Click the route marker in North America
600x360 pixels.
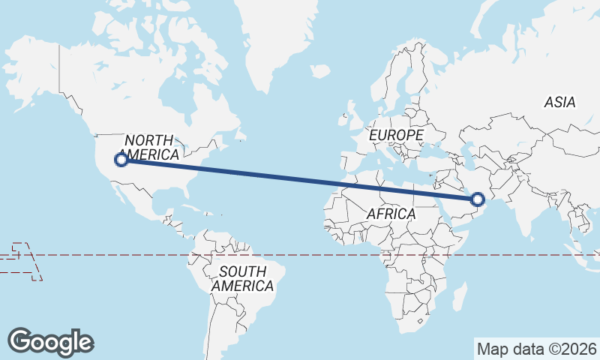pos(121,159)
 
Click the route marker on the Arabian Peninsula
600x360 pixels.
pos(478,199)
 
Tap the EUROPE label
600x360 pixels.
pos(396,135)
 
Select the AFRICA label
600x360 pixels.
pos(391,214)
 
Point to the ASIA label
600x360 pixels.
pos(559,103)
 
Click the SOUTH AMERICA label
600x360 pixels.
pos(242,278)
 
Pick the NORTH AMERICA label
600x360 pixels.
pos(151,148)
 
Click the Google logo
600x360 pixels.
pos(50,342)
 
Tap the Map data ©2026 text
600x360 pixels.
pos(536,349)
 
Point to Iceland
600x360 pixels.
pos(320,71)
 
